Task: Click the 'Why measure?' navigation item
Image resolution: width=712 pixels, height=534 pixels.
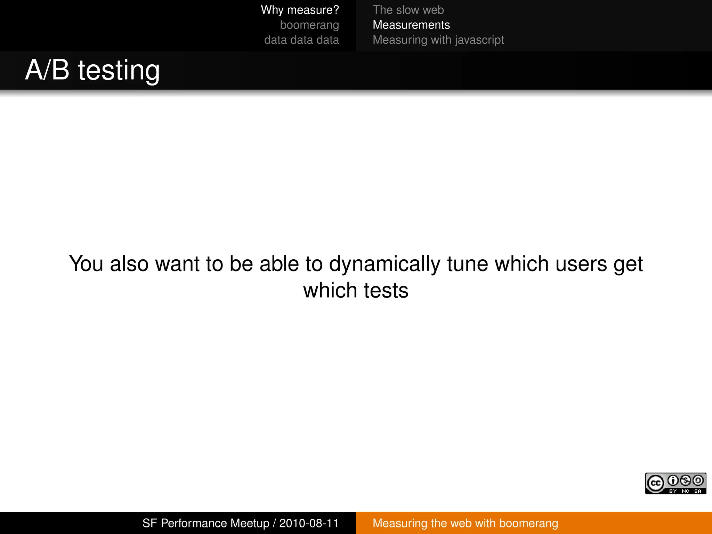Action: [x=300, y=10]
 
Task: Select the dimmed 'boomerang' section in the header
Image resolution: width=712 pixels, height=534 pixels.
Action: [x=309, y=25]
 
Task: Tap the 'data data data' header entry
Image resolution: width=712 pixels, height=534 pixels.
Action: [x=301, y=40]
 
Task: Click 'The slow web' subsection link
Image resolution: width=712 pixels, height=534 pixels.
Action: [x=408, y=10]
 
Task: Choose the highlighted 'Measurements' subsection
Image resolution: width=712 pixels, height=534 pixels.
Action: [x=411, y=25]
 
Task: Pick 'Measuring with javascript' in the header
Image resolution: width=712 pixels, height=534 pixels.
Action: [x=438, y=40]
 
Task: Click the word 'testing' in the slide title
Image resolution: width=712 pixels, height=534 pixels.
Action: [x=119, y=71]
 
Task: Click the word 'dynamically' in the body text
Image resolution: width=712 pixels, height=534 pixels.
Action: [x=385, y=264]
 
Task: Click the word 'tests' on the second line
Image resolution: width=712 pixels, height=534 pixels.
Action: [x=386, y=290]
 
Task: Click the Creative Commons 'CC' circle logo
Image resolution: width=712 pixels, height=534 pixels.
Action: [x=655, y=483]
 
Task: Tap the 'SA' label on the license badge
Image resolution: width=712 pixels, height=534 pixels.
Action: [x=697, y=491]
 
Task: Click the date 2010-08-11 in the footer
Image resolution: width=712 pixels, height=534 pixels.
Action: [x=309, y=523]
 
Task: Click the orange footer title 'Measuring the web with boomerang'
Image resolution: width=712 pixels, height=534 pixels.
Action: [x=465, y=523]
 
